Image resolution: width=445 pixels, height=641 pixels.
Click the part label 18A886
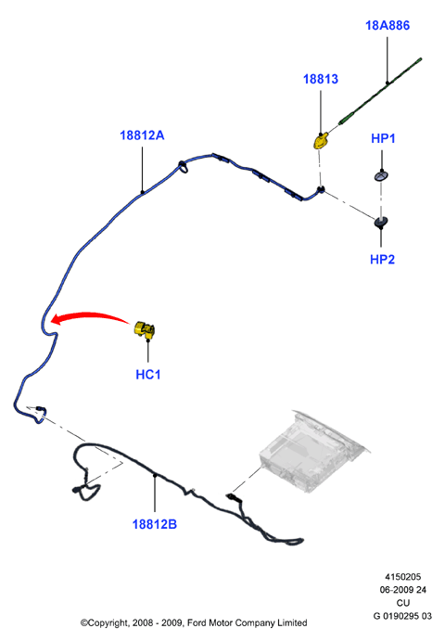(387, 25)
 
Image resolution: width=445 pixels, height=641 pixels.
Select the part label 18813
(321, 79)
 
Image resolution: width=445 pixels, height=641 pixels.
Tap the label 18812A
(142, 135)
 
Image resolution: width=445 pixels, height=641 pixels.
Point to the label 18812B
(155, 524)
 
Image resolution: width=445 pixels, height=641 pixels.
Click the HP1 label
(383, 138)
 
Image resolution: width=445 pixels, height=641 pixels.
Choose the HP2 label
(382, 260)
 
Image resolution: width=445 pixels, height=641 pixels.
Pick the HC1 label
(148, 375)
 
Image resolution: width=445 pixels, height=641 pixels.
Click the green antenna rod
(380, 91)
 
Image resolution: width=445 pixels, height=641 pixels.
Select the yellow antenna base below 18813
(321, 141)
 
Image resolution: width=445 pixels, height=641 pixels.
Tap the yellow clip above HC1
(145, 329)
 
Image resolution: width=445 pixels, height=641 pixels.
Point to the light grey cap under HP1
(381, 176)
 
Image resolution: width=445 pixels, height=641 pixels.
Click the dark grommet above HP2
(381, 222)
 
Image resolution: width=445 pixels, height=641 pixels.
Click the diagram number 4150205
(402, 577)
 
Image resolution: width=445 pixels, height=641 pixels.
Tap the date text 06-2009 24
(403, 590)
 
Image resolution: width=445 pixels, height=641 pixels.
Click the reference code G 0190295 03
(402, 616)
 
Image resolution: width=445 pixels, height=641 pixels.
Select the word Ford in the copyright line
(197, 623)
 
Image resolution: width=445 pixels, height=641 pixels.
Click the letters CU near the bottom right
(403, 603)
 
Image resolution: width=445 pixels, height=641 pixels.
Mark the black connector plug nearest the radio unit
(231, 496)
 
